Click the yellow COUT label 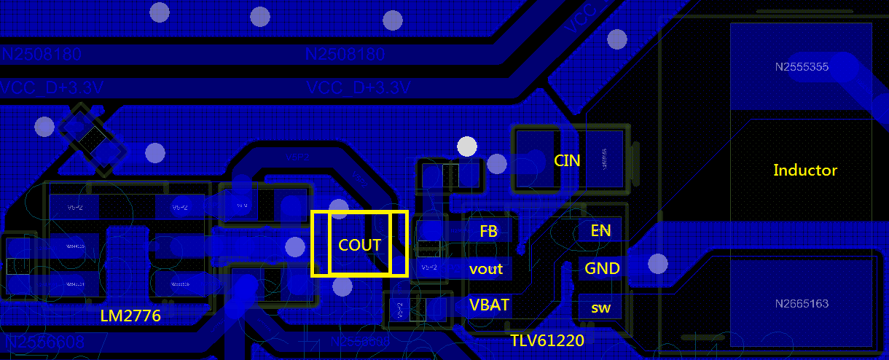pyautogui.click(x=360, y=245)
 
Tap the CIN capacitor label pyautogui.click(x=568, y=160)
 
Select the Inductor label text pyautogui.click(x=805, y=170)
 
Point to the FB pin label pyautogui.click(x=488, y=231)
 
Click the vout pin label pyautogui.click(x=486, y=269)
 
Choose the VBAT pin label pyautogui.click(x=489, y=305)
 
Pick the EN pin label pyautogui.click(x=601, y=231)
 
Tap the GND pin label pyautogui.click(x=602, y=268)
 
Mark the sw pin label pyautogui.click(x=601, y=308)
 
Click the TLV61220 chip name pyautogui.click(x=547, y=339)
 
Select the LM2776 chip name pyautogui.click(x=130, y=316)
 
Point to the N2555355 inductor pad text pyautogui.click(x=802, y=67)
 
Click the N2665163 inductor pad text pyautogui.click(x=802, y=303)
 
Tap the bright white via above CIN pyautogui.click(x=467, y=146)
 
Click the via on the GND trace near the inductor pyautogui.click(x=657, y=263)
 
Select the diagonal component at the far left pyautogui.click(x=93, y=138)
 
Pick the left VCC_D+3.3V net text pyautogui.click(x=52, y=88)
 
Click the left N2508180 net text pyautogui.click(x=42, y=55)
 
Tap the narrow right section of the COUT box pyautogui.click(x=399, y=244)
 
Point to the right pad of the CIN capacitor pyautogui.click(x=604, y=160)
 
